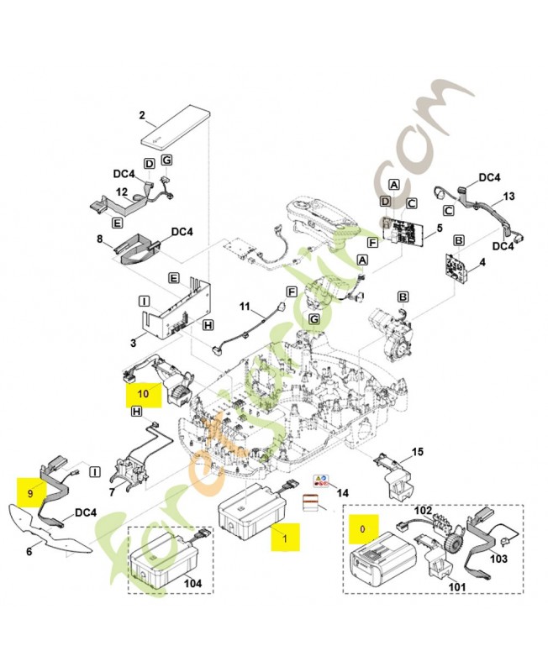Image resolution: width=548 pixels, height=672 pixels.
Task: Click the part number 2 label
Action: [x=142, y=115]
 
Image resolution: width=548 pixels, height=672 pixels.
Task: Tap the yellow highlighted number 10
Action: [x=142, y=392]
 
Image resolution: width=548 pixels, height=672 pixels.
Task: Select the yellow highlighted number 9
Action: [x=30, y=495]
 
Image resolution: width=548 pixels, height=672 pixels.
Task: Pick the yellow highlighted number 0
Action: [x=363, y=530]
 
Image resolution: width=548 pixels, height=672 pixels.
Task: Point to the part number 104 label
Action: [x=192, y=581]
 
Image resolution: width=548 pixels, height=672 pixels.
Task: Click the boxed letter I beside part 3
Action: [x=144, y=299]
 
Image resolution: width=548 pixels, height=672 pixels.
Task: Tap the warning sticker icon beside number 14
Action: [x=319, y=482]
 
